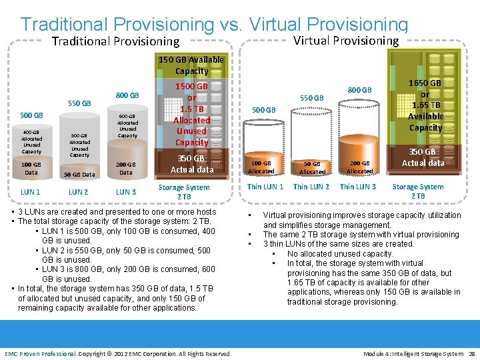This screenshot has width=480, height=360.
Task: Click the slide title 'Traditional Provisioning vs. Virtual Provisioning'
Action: pyautogui.click(x=213, y=24)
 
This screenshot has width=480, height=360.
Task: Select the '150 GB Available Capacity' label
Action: pyautogui.click(x=191, y=65)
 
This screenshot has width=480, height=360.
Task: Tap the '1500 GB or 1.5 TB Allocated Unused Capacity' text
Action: pyautogui.click(x=191, y=115)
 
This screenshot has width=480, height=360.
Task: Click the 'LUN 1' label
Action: pyautogui.click(x=31, y=192)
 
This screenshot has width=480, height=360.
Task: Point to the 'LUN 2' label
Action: pyautogui.click(x=79, y=192)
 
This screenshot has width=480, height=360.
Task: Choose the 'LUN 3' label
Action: pyautogui.click(x=126, y=192)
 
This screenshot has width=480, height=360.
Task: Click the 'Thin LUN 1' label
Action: pyautogui.click(x=265, y=187)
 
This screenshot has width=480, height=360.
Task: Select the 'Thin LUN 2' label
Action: pyautogui.click(x=311, y=187)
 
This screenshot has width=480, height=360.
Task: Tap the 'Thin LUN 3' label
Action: pyautogui.click(x=358, y=187)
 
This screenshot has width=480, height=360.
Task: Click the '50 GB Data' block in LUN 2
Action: pyautogui.click(x=79, y=175)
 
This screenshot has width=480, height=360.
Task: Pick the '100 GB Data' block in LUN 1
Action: pyautogui.click(x=31, y=168)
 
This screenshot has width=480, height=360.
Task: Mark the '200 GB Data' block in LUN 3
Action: pyautogui.click(x=126, y=168)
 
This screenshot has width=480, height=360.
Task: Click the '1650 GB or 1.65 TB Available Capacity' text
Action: pyautogui.click(x=425, y=105)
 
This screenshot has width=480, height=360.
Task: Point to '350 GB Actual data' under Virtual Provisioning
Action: pyautogui.click(x=423, y=157)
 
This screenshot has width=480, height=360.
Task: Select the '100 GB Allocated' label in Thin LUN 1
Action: pyautogui.click(x=261, y=167)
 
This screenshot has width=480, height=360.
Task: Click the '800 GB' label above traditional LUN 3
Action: pyautogui.click(x=127, y=95)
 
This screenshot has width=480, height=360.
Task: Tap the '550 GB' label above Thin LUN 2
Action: pyautogui.click(x=311, y=98)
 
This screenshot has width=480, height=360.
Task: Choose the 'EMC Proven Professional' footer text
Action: pyautogui.click(x=40, y=353)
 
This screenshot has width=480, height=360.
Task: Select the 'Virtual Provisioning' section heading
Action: pyautogui.click(x=346, y=41)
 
